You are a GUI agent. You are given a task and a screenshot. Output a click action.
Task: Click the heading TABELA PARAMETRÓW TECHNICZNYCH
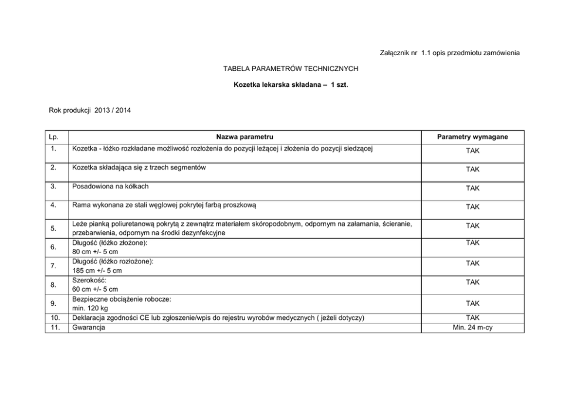click(x=290, y=69)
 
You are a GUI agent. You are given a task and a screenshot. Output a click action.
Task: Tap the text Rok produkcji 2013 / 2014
click(x=90, y=110)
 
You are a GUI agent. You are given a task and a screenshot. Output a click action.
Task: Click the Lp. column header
click(x=53, y=137)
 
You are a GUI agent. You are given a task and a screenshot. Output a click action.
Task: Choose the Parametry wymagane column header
click(x=472, y=137)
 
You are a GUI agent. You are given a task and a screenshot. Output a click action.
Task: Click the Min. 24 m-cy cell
click(x=472, y=327)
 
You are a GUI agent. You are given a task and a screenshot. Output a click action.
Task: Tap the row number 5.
click(x=53, y=228)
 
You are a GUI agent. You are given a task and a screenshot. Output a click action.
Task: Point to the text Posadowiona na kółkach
click(x=110, y=186)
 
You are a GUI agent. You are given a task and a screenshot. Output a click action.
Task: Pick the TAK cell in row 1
click(x=472, y=151)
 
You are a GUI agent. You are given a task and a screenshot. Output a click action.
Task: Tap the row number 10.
click(x=53, y=318)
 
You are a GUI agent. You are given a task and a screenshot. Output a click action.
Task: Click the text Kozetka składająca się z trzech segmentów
click(x=139, y=167)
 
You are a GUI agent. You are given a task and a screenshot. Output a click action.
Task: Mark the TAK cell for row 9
click(x=472, y=303)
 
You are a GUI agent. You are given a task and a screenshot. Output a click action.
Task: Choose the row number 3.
click(x=53, y=187)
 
